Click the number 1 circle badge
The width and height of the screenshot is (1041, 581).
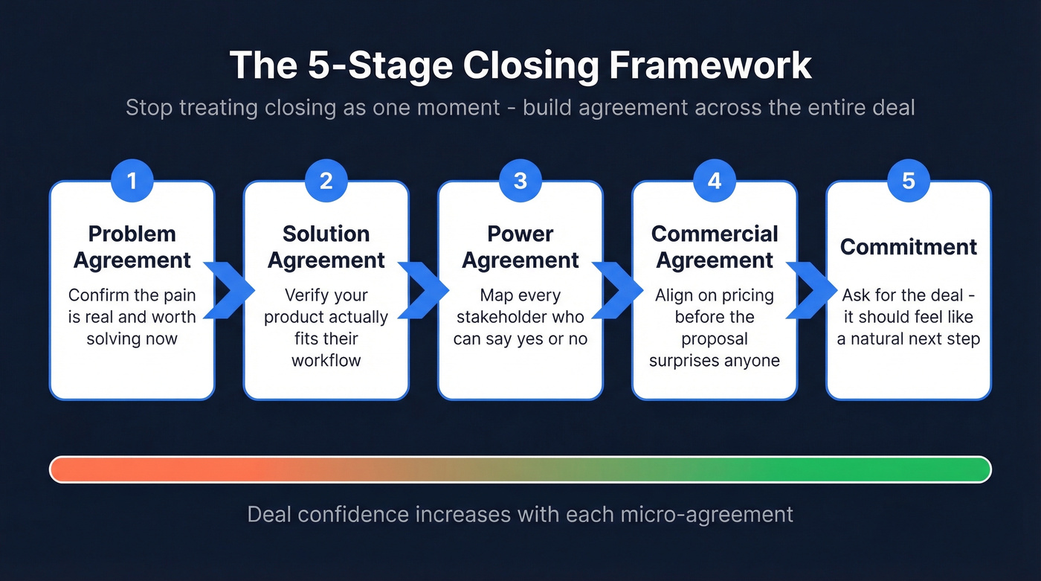pos(132,181)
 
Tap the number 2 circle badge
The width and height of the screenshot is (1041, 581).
pos(326,181)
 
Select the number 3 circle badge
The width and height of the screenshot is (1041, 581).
pos(520,181)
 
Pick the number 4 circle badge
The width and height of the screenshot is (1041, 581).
pos(715,181)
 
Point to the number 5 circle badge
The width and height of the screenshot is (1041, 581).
pos(909,181)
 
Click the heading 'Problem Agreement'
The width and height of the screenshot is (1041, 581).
pos(132,247)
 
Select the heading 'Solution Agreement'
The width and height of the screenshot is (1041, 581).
pos(326,247)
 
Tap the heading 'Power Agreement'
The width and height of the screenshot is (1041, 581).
pos(520,247)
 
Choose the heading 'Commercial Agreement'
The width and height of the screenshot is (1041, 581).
pos(715,247)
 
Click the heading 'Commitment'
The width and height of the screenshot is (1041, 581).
pos(909,247)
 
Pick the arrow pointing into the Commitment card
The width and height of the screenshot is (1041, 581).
pos(811,290)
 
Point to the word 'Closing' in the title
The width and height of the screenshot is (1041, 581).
pos(530,65)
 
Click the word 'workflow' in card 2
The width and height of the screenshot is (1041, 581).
pos(326,361)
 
